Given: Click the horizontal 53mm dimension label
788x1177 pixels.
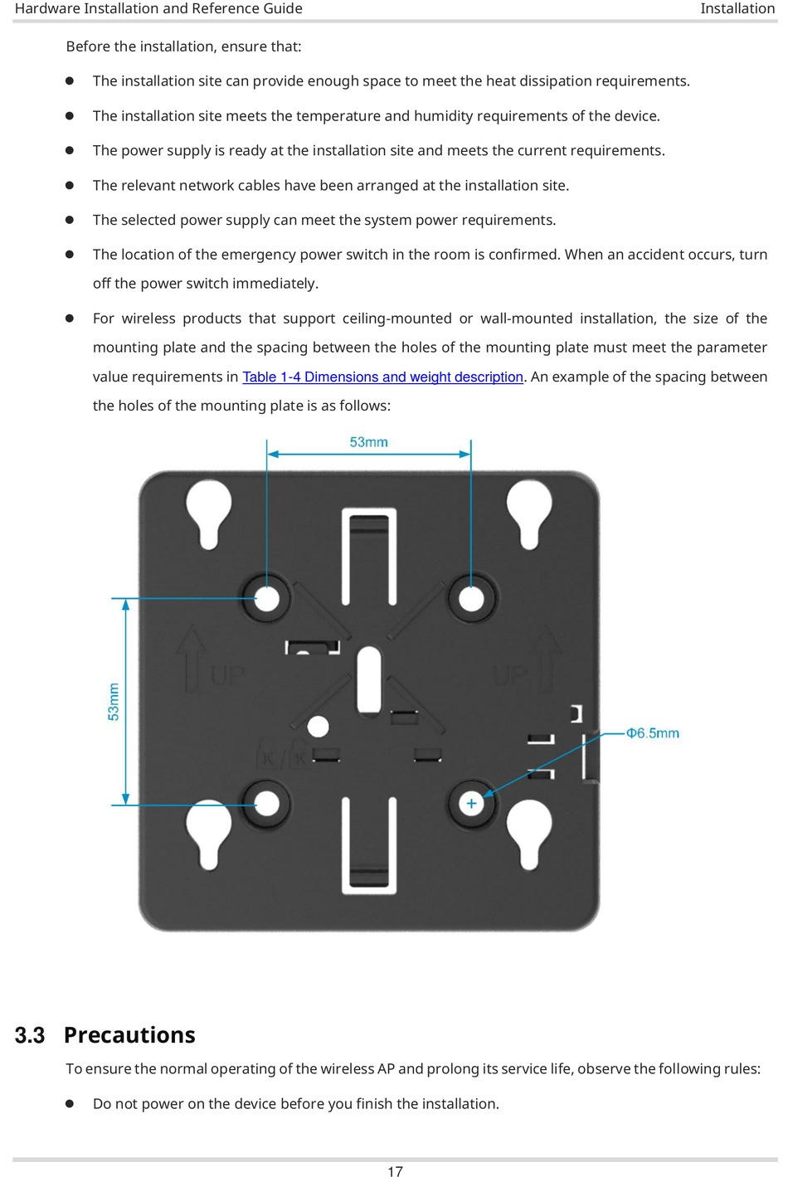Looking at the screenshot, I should pyautogui.click(x=368, y=442).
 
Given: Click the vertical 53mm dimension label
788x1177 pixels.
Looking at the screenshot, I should pyautogui.click(x=114, y=702).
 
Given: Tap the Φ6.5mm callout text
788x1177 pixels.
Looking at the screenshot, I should pyautogui.click(x=652, y=733).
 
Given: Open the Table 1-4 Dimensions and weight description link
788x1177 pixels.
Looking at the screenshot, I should pyautogui.click(x=382, y=377).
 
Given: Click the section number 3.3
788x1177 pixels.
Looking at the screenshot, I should pyautogui.click(x=30, y=1035).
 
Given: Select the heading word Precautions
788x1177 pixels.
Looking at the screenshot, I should pyautogui.click(x=129, y=1035).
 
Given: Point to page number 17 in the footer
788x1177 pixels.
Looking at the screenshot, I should pyautogui.click(x=395, y=1171).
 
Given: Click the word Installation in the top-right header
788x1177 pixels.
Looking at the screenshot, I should pyautogui.click(x=737, y=8).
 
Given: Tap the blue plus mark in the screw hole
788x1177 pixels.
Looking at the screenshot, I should pyautogui.click(x=471, y=803).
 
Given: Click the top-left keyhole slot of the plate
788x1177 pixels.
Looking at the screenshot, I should pyautogui.click(x=208, y=512).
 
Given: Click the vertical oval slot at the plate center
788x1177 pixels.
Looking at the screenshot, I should pyautogui.click(x=368, y=680).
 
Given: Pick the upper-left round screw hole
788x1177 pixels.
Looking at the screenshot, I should pyautogui.click(x=267, y=598).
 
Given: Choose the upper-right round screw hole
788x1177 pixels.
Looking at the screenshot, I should pyautogui.click(x=471, y=598).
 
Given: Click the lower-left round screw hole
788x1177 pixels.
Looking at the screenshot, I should pyautogui.click(x=267, y=803).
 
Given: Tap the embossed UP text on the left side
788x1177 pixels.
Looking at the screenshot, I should pyautogui.click(x=227, y=675).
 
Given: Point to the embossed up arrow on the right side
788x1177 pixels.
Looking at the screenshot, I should pyautogui.click(x=547, y=656).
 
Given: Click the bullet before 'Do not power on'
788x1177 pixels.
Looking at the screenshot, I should pyautogui.click(x=71, y=1104).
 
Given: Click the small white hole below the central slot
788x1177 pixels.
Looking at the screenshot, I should pyautogui.click(x=318, y=727).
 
